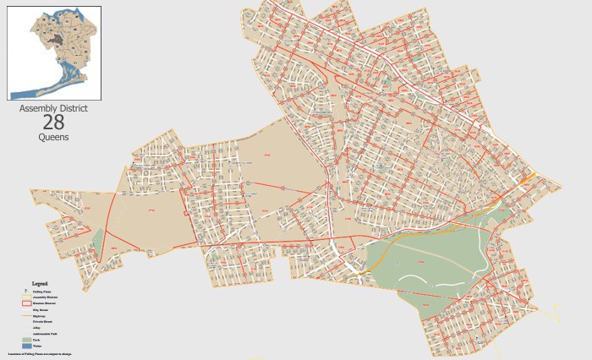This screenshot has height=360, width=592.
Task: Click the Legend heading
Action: pos(39,283)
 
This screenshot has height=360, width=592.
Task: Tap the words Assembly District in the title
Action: pos(53,109)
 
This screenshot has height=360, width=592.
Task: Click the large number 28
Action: pos(53,123)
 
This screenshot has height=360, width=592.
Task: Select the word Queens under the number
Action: pos(53,137)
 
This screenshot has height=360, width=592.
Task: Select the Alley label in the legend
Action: pos(36,328)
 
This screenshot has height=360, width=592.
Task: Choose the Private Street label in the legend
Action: pos(42,322)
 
